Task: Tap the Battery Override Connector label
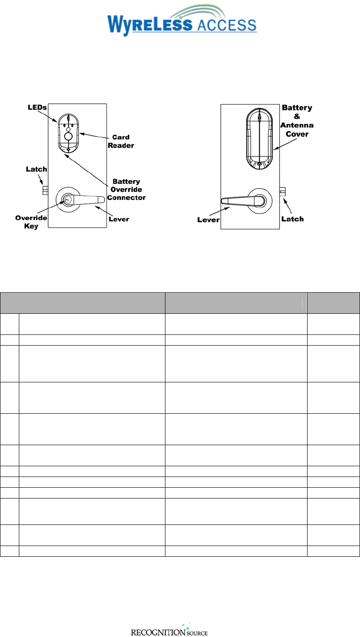pos(126,189)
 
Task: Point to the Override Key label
pos(31,221)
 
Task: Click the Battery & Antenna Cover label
pos(297,121)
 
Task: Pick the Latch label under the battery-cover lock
pos(292,219)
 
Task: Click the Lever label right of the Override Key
pos(119,219)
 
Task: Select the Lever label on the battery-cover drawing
pos(208,220)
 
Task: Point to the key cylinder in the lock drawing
pos(67,199)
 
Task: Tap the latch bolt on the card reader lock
pos(45,191)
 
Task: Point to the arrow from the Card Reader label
pos(92,135)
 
